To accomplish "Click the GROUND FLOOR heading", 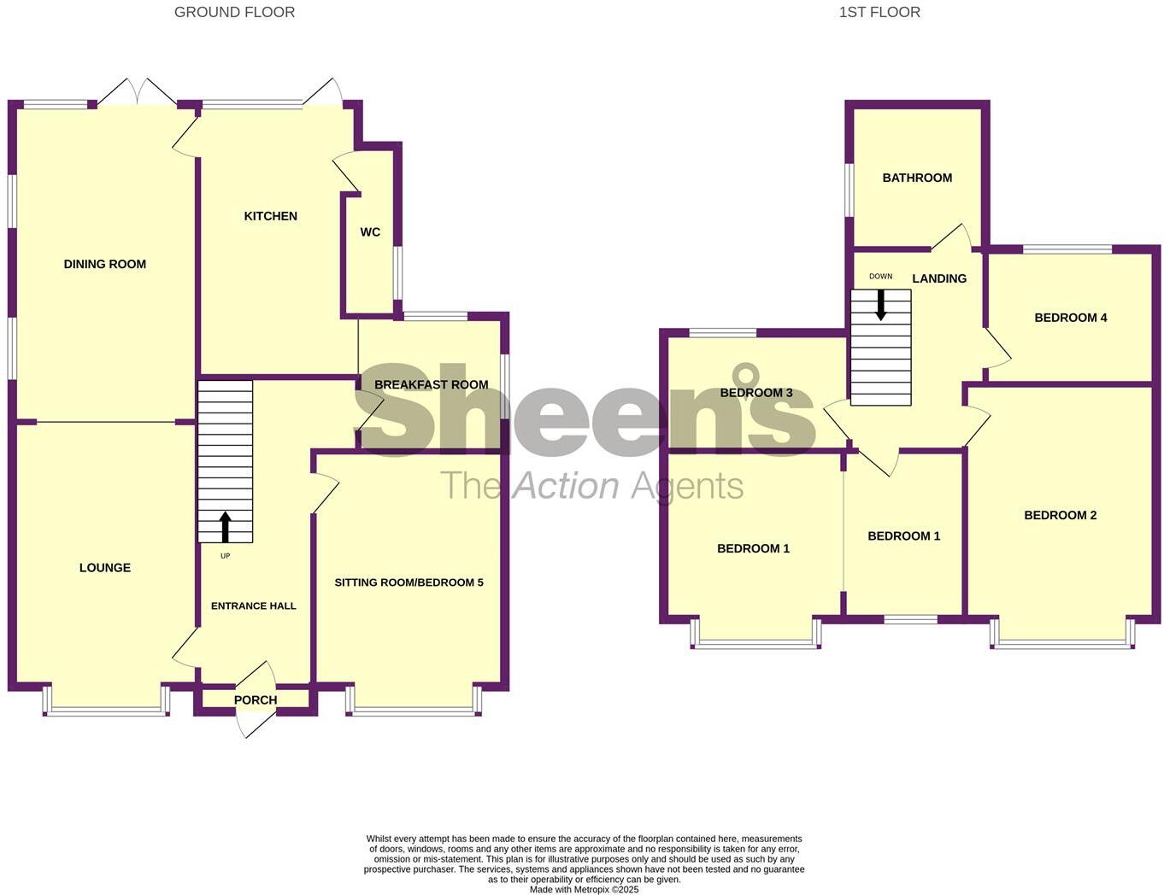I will click(234, 12).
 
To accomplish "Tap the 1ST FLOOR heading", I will click(879, 12).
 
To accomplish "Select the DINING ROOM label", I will click(105, 264).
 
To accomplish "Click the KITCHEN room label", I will click(271, 216).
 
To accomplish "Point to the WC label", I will click(370, 232).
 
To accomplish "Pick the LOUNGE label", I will click(105, 567).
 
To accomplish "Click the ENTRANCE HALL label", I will click(254, 605).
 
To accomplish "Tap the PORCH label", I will click(256, 699).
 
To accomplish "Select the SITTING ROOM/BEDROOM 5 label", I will click(409, 582).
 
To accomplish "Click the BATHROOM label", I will click(917, 178).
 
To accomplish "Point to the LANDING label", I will click(939, 278).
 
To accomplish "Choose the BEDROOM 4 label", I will click(1071, 318).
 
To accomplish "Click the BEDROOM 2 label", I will click(1061, 515).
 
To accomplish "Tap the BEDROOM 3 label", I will click(756, 393).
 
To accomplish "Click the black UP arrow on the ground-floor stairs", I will click(226, 527).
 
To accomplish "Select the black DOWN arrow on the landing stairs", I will click(880, 305).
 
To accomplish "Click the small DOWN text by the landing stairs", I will click(880, 277).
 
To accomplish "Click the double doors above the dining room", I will click(137, 92).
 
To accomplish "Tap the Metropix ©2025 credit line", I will click(584, 889).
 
